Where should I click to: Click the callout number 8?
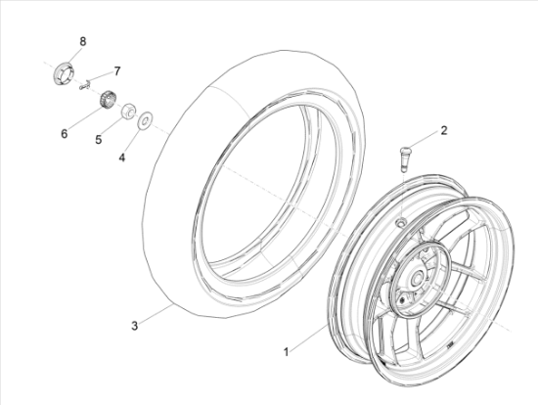[83, 42]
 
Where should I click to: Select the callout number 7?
[117, 71]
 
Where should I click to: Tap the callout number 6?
[65, 134]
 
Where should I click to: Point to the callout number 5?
[99, 140]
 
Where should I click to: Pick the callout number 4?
[122, 157]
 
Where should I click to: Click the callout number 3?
[135, 326]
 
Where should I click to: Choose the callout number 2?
[444, 130]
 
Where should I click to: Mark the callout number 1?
[287, 352]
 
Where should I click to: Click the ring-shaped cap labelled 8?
[64, 72]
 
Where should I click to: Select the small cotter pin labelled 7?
[84, 85]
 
